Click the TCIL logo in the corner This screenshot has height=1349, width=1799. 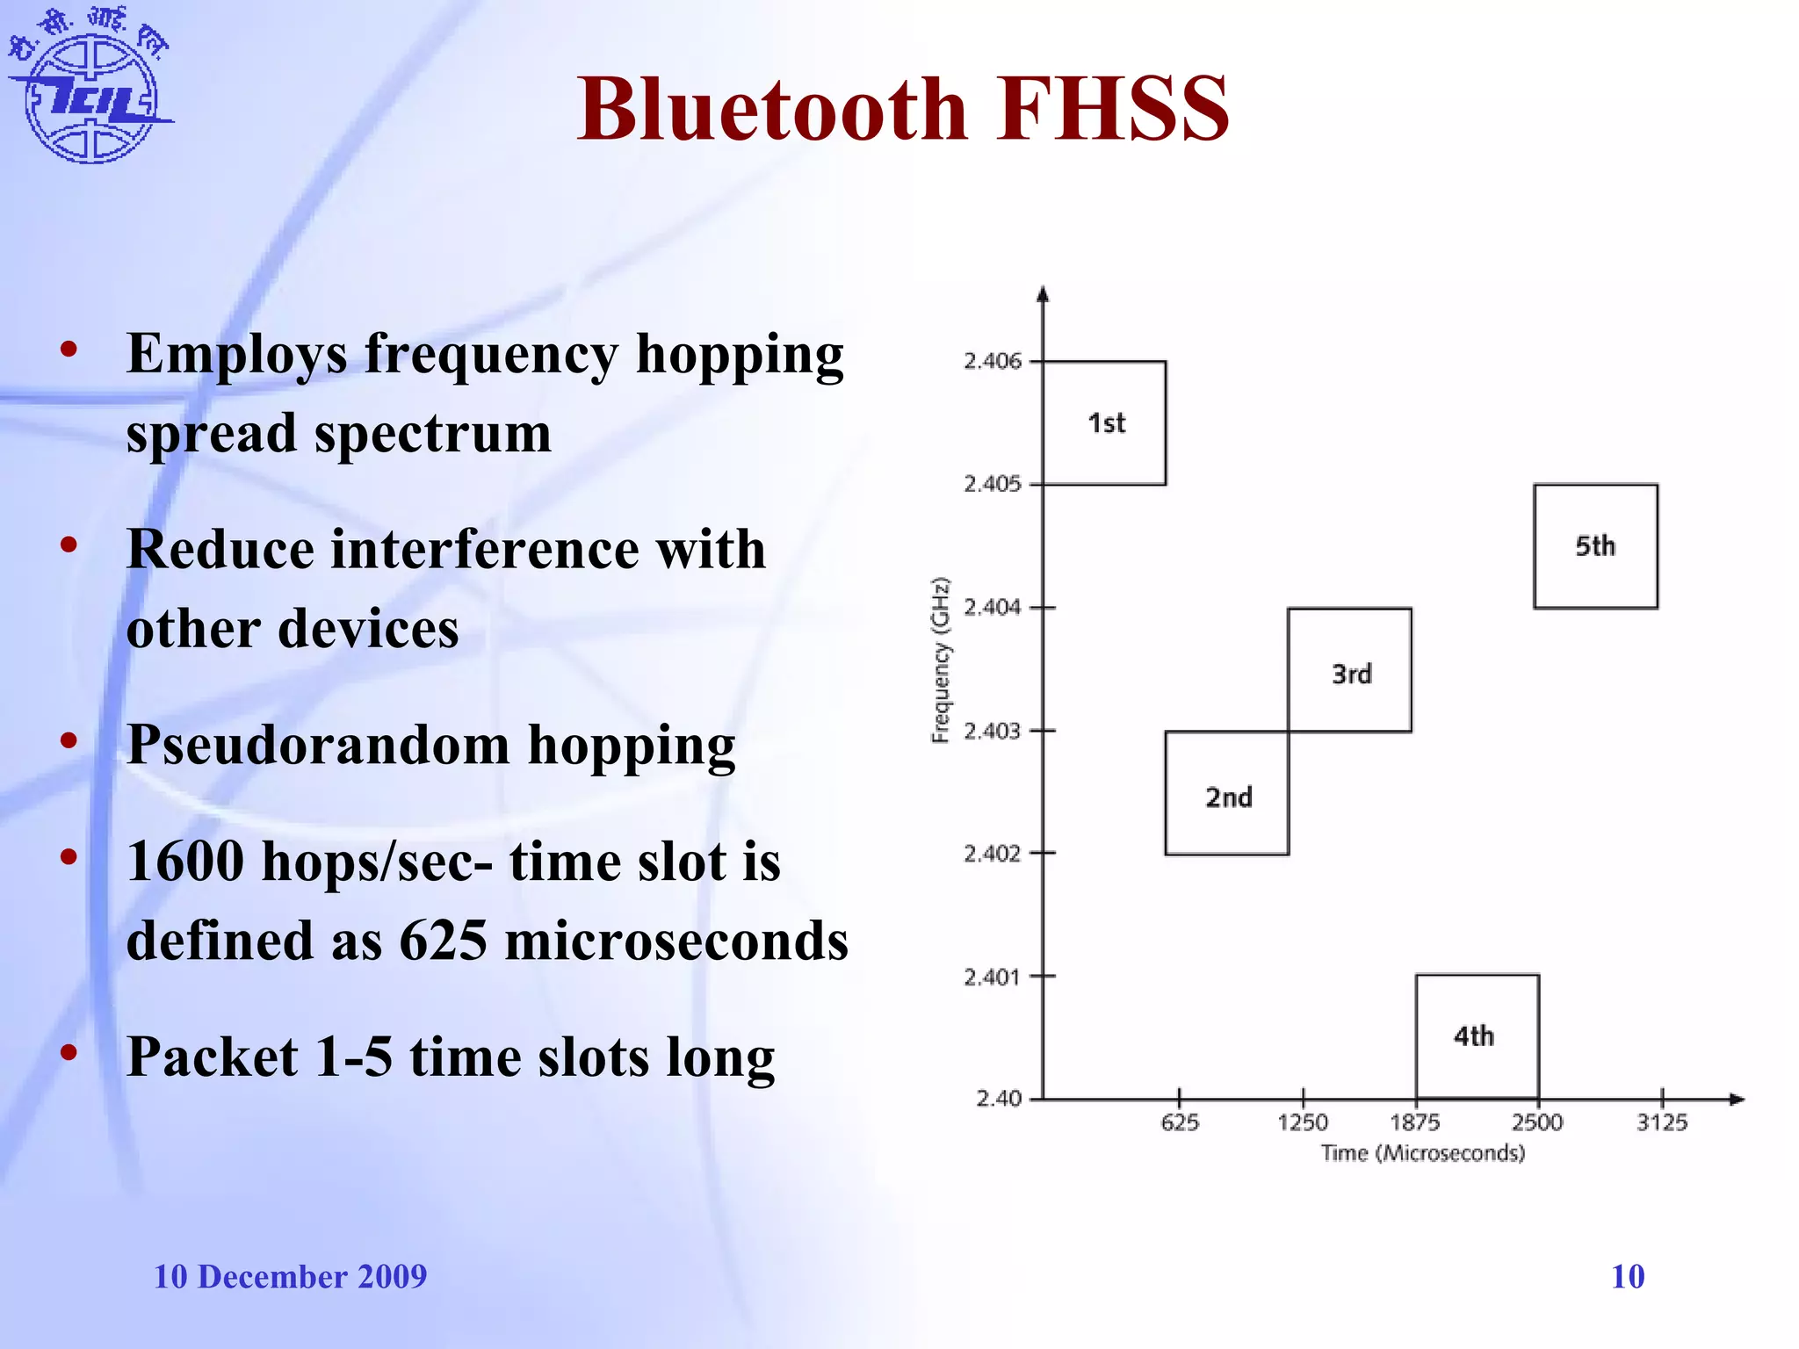point(91,88)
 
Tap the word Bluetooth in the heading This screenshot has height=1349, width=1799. point(773,109)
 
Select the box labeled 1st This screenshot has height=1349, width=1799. point(1104,422)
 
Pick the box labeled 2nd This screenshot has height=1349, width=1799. point(1227,794)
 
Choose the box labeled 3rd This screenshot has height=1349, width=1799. point(1350,670)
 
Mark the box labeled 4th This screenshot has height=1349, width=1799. point(1477,1036)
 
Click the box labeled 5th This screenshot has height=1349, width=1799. point(1595,545)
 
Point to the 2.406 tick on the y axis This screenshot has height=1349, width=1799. point(993,361)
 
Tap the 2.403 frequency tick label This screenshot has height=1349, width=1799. point(993,731)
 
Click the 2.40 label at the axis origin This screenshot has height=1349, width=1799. point(1000,1099)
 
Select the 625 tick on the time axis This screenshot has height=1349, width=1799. point(1180,1122)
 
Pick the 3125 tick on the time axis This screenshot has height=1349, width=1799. point(1662,1122)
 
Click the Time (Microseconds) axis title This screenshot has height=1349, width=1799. point(1423,1153)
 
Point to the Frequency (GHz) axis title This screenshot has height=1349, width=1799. point(941,660)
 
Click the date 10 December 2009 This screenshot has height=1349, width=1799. point(290,1276)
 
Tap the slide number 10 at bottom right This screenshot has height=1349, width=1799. point(1628,1276)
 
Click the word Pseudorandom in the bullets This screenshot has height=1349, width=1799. point(318,745)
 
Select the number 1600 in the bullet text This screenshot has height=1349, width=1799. point(185,862)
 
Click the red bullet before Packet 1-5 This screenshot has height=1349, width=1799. point(69,1052)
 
